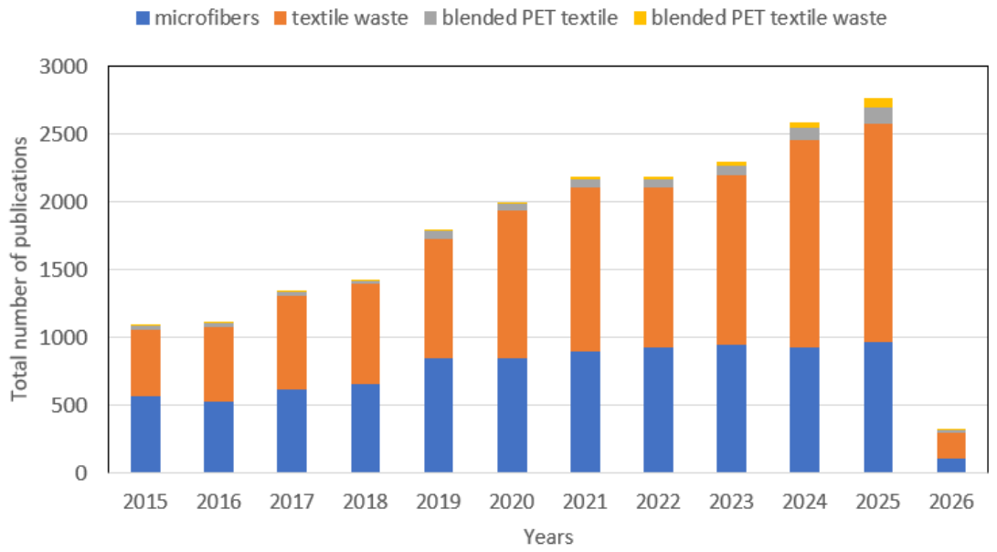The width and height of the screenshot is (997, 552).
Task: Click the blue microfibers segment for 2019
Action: coord(438,415)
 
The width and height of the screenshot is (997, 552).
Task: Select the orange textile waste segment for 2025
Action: coord(877,233)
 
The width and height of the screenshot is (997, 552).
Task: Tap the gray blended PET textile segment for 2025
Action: coord(877,116)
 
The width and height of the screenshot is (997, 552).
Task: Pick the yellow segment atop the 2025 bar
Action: coord(877,103)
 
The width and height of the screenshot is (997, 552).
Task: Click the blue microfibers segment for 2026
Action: coord(950,465)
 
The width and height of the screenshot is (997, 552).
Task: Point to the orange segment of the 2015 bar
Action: coord(145,363)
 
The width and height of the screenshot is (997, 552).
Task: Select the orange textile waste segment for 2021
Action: coord(585,270)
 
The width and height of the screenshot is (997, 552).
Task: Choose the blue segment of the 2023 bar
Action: coord(731,409)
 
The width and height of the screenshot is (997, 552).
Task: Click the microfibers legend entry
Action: coord(197,17)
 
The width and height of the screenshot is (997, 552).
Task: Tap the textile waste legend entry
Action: coord(341,17)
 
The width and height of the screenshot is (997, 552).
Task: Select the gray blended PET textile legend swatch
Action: coord(430,17)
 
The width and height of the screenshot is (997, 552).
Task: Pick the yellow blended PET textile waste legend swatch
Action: coord(640,17)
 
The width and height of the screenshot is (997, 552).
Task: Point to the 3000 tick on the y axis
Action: coord(64,66)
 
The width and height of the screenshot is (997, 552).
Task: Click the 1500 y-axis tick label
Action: coord(64,270)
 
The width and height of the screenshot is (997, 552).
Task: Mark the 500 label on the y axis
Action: coord(70,405)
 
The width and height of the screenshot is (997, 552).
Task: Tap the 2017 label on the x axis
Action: coord(292,502)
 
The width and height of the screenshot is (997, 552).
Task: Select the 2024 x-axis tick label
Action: coord(804,502)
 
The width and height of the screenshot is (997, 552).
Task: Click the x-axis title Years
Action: coord(548,536)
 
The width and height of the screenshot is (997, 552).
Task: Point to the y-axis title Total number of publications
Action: coord(19,269)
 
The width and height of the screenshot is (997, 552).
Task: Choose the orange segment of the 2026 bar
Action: coord(950,445)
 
